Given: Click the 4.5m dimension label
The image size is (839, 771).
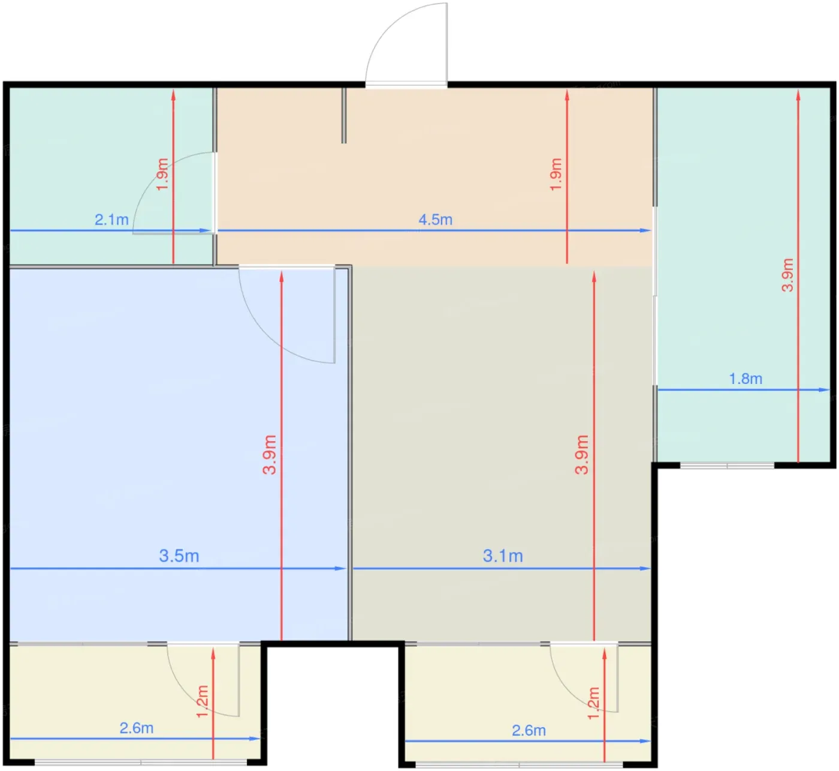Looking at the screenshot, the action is pos(436,220).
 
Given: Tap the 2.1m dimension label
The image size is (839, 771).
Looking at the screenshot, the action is pos(111,220).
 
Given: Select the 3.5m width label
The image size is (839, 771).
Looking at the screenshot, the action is pos(179,556).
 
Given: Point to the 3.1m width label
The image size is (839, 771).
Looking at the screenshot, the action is pos(503,556).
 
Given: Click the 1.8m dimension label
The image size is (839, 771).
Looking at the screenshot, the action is pos(746,379).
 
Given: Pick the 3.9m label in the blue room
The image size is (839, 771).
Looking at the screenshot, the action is pos(270,454).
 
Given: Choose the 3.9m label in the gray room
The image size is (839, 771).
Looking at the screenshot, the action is pos(582,454).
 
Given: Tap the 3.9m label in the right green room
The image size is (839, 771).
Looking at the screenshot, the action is pos(787,275).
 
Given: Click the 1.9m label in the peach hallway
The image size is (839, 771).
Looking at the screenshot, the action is pos(556,175).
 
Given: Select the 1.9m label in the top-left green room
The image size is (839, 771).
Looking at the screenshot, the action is pos(162,174).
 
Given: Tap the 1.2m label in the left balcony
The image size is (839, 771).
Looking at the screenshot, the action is pos(202,701).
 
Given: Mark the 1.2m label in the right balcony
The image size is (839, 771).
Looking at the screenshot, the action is pos(593,704).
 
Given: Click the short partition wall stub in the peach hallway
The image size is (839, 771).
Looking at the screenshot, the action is pos(344,116).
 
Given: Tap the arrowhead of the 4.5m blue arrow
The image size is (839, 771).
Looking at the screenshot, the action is pos(647,230).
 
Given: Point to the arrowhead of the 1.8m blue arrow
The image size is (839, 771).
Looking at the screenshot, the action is pos(825,390).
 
